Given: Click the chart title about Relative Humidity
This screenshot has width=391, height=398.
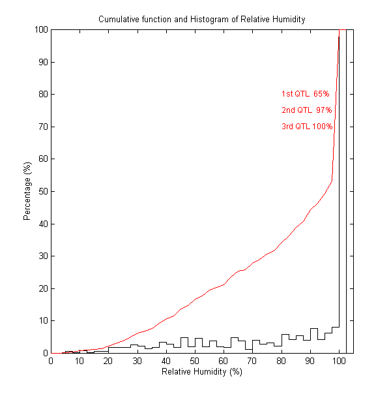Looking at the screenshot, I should (201, 19).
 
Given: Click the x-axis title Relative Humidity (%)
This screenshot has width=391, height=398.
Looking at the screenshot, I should (201, 371).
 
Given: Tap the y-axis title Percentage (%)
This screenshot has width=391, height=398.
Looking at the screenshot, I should (27, 191).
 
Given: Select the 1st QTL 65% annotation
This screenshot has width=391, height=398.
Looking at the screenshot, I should (305, 94).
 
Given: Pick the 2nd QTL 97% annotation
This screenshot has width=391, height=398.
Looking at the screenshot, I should (306, 110).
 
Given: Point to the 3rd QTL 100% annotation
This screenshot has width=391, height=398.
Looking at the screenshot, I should (306, 127).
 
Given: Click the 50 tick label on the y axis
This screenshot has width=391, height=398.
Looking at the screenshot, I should (42, 191).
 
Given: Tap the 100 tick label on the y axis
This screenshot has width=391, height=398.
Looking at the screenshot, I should (40, 29).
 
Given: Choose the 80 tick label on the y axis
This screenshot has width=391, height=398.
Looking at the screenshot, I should (42, 94).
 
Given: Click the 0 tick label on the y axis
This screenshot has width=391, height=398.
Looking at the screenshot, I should (44, 353).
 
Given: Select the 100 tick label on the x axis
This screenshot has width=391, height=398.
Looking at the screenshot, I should (339, 361).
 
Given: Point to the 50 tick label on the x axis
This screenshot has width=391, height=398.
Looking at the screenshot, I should (195, 361).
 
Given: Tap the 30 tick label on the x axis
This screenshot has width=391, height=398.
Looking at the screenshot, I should (138, 361).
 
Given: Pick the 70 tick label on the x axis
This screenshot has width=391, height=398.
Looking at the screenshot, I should (252, 361).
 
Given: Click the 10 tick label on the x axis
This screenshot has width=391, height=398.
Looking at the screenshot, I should (80, 361).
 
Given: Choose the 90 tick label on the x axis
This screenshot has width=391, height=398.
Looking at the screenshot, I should (310, 361).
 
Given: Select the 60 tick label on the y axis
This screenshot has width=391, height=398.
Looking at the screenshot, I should (42, 159).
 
